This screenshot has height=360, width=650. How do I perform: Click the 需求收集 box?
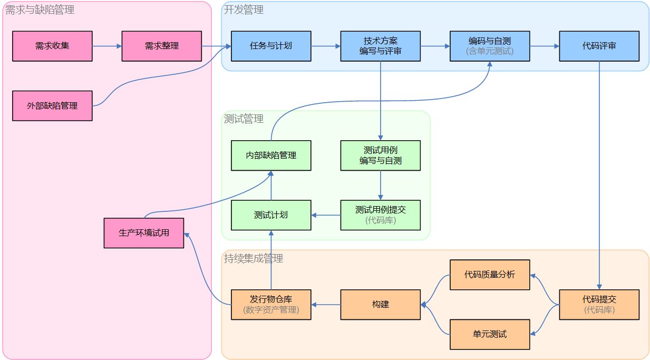click(x=52, y=46)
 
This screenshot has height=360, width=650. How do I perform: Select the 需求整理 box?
click(x=162, y=46)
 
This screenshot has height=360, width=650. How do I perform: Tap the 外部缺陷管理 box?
click(x=52, y=105)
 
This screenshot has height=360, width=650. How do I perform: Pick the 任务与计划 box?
click(x=271, y=46)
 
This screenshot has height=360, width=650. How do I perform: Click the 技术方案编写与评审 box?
click(x=381, y=46)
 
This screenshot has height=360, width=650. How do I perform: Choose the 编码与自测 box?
click(x=490, y=46)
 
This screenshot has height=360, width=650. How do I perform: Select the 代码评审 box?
click(x=599, y=46)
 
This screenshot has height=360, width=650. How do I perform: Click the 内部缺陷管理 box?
click(x=271, y=155)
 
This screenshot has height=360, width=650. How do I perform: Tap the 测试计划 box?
click(x=271, y=215)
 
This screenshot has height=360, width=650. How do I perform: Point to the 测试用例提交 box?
click(x=381, y=215)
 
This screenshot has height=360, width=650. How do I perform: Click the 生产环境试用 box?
click(x=144, y=232)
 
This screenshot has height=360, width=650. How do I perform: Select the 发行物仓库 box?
click(x=271, y=305)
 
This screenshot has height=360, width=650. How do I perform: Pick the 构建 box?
click(x=381, y=305)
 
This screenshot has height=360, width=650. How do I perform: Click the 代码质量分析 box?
click(x=490, y=275)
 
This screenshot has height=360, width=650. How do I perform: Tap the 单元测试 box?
click(x=490, y=334)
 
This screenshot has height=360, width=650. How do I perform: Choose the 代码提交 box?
click(x=599, y=305)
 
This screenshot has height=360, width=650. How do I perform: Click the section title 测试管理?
click(x=244, y=119)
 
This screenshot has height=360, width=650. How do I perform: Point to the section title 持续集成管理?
click(x=254, y=258)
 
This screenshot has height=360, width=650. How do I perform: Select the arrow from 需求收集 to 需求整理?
click(x=107, y=46)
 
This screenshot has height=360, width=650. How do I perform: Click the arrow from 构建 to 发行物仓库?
click(x=326, y=305)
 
